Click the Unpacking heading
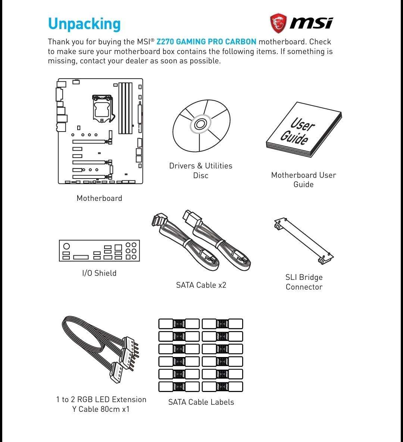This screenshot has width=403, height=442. pyautogui.click(x=84, y=23)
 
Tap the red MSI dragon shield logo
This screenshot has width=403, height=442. pyautogui.click(x=278, y=23)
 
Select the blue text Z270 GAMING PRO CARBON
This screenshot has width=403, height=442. pyautogui.click(x=206, y=42)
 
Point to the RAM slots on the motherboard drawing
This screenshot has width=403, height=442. pyautogui.click(x=125, y=108)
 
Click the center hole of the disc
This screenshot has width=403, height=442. pyautogui.click(x=200, y=125)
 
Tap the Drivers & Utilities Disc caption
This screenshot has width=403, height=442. pyautogui.click(x=200, y=170)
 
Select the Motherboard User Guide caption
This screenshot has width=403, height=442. pyautogui.click(x=303, y=180)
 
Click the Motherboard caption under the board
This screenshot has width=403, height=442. pyautogui.click(x=99, y=198)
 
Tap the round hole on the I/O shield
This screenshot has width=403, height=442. pyautogui.click(x=66, y=246)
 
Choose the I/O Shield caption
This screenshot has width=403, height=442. pyautogui.click(x=99, y=273)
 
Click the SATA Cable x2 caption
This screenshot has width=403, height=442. pyautogui.click(x=201, y=285)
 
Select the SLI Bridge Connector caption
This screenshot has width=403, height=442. pyautogui.click(x=304, y=282)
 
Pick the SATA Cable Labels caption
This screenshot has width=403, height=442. pyautogui.click(x=201, y=402)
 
